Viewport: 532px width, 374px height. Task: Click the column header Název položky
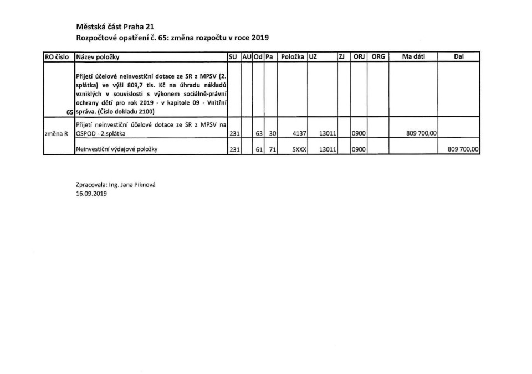point(98,56)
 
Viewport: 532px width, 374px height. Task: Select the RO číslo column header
point(58,56)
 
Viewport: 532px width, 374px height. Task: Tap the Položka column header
point(291,56)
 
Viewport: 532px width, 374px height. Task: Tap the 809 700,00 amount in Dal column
point(461,149)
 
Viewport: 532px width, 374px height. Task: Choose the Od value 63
point(259,133)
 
